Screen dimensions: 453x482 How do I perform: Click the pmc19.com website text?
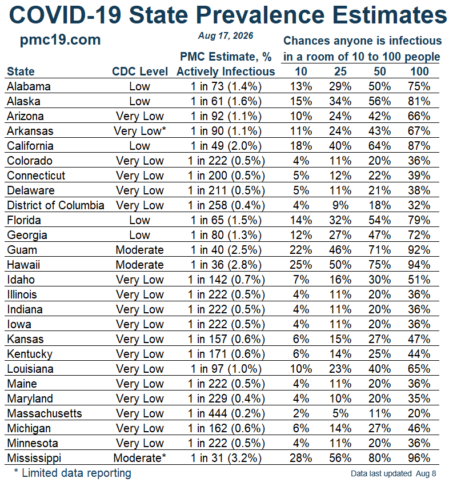tap(60, 40)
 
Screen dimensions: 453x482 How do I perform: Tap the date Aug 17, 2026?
tap(226, 35)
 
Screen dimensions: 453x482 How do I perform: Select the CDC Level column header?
tap(140, 71)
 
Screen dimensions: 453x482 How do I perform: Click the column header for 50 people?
tap(380, 71)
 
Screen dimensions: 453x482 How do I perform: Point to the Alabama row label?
tap(29, 86)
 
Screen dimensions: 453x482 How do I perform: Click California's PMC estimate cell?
tap(226, 146)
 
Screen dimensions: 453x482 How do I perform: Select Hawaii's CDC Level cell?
tap(140, 265)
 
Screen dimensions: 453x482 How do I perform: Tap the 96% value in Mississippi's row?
tap(419, 458)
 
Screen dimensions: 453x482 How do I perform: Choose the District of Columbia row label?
tap(55, 205)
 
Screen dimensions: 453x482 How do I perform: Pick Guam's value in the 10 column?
tap(300, 250)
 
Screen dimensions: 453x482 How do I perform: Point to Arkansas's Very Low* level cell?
tap(140, 131)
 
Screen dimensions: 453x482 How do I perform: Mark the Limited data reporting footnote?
tap(73, 473)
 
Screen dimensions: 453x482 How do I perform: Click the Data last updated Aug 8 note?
tap(394, 473)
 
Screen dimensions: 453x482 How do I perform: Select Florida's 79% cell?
tap(419, 220)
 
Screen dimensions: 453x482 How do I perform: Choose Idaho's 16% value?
tap(340, 280)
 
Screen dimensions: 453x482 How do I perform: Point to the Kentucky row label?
tap(30, 354)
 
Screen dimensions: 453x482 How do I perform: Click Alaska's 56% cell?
tap(380, 101)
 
